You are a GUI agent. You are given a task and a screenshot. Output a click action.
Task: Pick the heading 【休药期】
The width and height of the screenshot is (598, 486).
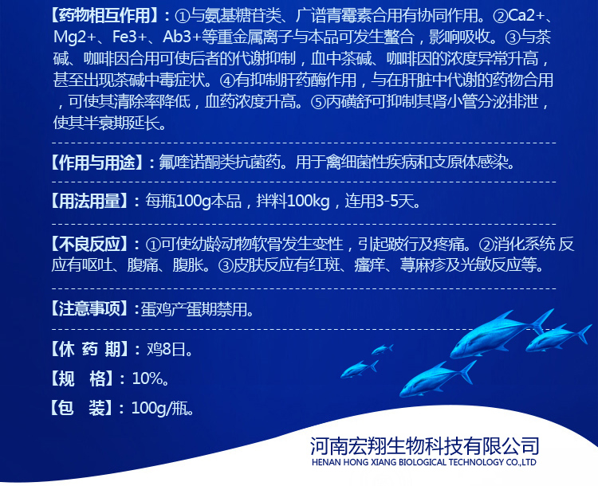pos(89,349)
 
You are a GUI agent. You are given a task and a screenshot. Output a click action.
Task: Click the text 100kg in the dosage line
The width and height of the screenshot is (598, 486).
pos(308,201)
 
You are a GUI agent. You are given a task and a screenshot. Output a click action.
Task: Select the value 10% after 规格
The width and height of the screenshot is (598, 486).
pos(147,378)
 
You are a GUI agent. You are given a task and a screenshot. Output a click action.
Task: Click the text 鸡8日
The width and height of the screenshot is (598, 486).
pos(166,349)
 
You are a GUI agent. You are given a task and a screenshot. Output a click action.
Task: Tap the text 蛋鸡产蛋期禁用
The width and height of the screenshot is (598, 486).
pos(194,309)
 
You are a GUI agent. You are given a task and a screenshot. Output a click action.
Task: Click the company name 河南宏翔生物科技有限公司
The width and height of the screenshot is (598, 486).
pos(424,445)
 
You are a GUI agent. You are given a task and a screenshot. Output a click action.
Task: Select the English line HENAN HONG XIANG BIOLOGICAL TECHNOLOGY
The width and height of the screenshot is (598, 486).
pos(423,462)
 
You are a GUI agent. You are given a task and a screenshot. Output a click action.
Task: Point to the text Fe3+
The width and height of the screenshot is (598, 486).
pos(130,37)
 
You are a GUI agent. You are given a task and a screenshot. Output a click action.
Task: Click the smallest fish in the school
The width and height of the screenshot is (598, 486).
pos(382,349)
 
